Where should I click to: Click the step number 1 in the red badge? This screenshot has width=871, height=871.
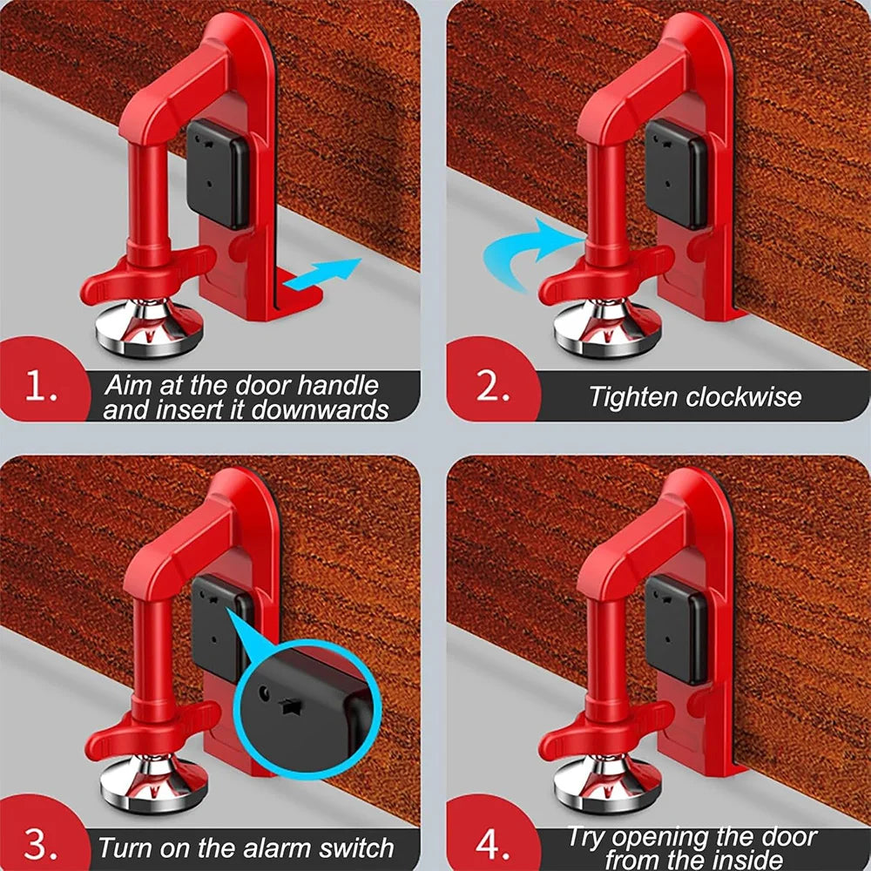pyautogui.click(x=41, y=388)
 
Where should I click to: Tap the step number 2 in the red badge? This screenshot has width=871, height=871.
pyautogui.click(x=493, y=388)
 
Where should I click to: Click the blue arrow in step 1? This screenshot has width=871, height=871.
pyautogui.click(x=324, y=275)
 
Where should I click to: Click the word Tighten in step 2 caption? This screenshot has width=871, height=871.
pyautogui.click(x=633, y=397)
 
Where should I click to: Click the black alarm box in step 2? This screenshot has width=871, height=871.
pyautogui.click(x=676, y=174)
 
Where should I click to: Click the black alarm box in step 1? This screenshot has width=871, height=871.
pyautogui.click(x=218, y=174)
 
